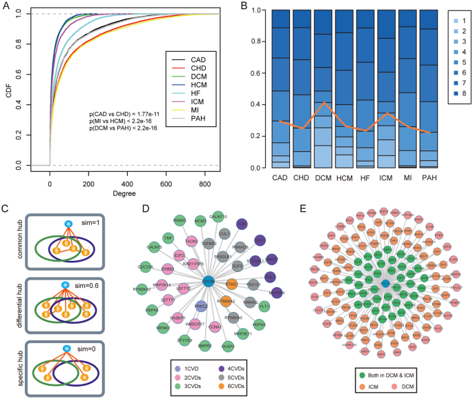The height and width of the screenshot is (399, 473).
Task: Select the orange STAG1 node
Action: (231, 284)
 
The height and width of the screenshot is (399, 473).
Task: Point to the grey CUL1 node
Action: (224, 234)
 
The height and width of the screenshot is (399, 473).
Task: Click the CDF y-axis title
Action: (9, 90)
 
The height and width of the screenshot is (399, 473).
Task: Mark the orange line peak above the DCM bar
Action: (322, 103)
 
